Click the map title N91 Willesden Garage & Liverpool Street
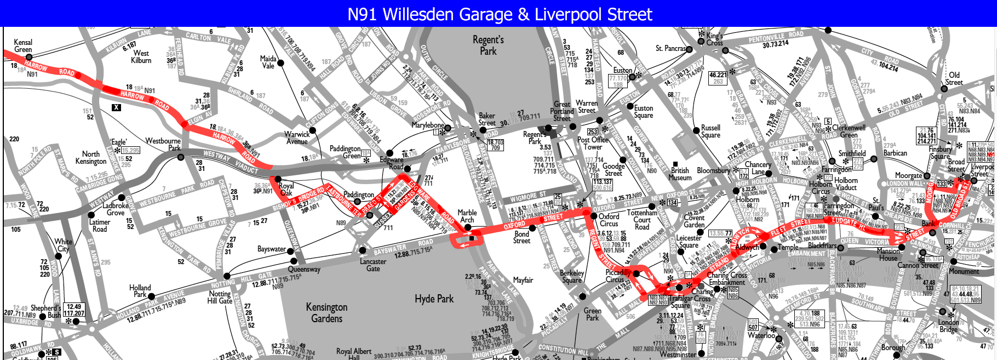coord(500,14)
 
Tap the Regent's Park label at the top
coord(488,45)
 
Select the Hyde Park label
coord(434,299)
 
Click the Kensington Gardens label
coord(326,312)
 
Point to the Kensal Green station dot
coord(29,56)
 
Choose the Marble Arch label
coord(467,216)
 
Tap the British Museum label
coord(680,174)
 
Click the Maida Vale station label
coord(268,62)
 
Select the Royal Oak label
coord(286,189)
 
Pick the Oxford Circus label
coord(609,220)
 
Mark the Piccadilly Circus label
coord(618,276)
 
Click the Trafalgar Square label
coord(680,302)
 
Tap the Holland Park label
coord(140,291)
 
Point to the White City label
coord(63,245)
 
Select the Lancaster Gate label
coord(373,265)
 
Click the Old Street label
coord(954,78)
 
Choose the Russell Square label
coord(710,131)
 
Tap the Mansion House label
coord(888,254)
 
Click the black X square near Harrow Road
coord(116,107)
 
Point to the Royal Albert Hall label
coord(353,353)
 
